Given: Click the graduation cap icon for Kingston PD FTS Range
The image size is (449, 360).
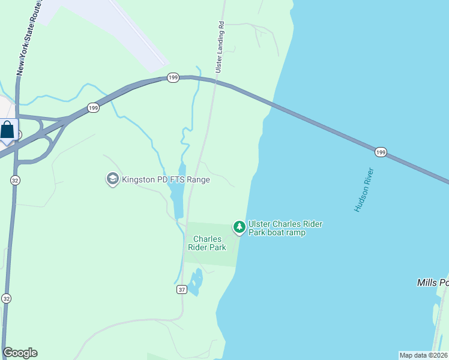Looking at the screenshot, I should pos(112,179).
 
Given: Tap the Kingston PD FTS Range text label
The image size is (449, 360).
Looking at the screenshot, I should pos(166,179).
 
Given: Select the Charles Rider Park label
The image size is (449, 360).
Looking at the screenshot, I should pos(207,243).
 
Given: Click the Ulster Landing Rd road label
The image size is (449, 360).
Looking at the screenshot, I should pos(220,49).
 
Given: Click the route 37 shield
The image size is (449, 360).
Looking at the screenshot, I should pos(182,289).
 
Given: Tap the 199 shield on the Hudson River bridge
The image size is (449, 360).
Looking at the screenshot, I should pos(381,152).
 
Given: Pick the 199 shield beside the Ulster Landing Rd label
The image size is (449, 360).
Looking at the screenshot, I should pos(173,78).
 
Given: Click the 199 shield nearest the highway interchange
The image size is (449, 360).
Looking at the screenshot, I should pos(93,108).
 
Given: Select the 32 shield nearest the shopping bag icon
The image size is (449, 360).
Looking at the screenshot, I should pos(15,179).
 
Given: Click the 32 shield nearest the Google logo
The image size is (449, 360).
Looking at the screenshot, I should pos(7,298).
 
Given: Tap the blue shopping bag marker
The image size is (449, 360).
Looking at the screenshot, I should pos(7,131).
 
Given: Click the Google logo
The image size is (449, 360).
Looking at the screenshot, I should pos(20,353).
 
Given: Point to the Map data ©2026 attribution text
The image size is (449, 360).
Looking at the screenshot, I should pos(423,355).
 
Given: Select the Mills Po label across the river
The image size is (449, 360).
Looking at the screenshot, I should pos(432,282).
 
